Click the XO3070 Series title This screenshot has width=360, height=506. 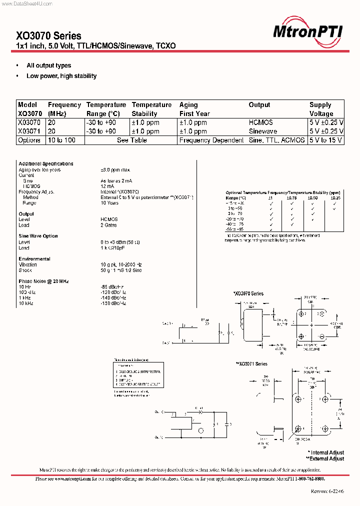(x=48, y=35)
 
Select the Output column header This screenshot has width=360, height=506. (x=259, y=105)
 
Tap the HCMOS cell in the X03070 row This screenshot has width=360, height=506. (x=261, y=122)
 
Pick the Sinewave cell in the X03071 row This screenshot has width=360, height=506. (x=263, y=131)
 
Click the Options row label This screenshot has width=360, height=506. (x=29, y=140)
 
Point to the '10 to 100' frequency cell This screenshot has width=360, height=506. (x=61, y=140)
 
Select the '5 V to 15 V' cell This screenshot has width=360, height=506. (x=326, y=140)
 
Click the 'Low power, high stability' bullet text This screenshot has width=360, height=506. (x=61, y=76)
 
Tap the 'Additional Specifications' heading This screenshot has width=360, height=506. (x=46, y=163)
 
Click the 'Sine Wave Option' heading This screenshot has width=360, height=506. (x=38, y=236)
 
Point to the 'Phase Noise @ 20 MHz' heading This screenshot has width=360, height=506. (x=43, y=281)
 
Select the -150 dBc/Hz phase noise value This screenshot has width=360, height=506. (x=113, y=303)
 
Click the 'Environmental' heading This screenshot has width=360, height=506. (x=34, y=259)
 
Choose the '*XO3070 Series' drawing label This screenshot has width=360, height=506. (x=248, y=293)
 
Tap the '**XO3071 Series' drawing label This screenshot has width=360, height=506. (x=251, y=364)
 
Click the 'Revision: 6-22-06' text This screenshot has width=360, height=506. (x=327, y=491)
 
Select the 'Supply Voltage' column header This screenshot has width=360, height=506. (x=321, y=109)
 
